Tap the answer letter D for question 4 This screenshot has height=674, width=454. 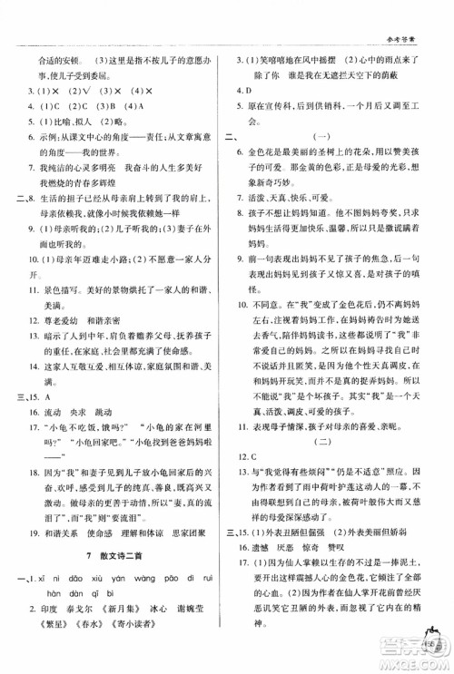click(x=243, y=91)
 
